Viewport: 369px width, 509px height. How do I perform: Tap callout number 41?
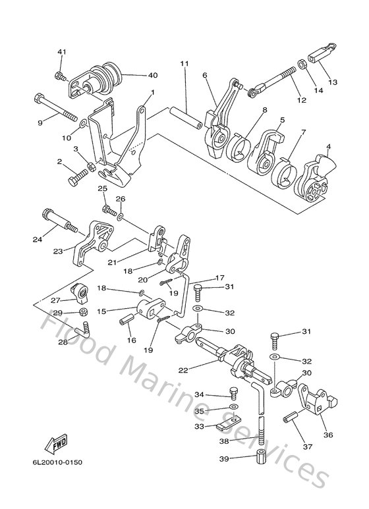61,52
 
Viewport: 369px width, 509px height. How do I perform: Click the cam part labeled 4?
316,176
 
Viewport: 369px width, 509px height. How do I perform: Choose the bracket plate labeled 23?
92,243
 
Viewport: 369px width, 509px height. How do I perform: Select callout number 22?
182,371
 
